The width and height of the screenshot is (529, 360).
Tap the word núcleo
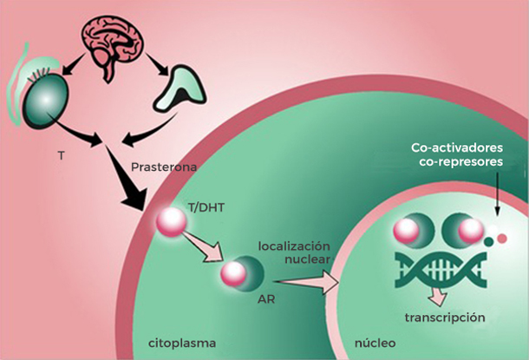[374, 341]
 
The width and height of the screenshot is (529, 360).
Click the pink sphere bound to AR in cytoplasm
[233, 274]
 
